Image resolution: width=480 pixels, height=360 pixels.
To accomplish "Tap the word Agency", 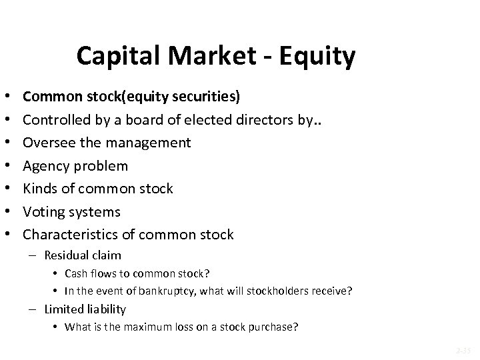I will click(x=45, y=166).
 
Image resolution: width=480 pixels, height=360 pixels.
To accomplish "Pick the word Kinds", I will click(x=40, y=189).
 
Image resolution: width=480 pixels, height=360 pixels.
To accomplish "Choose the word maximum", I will click(x=132, y=327).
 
